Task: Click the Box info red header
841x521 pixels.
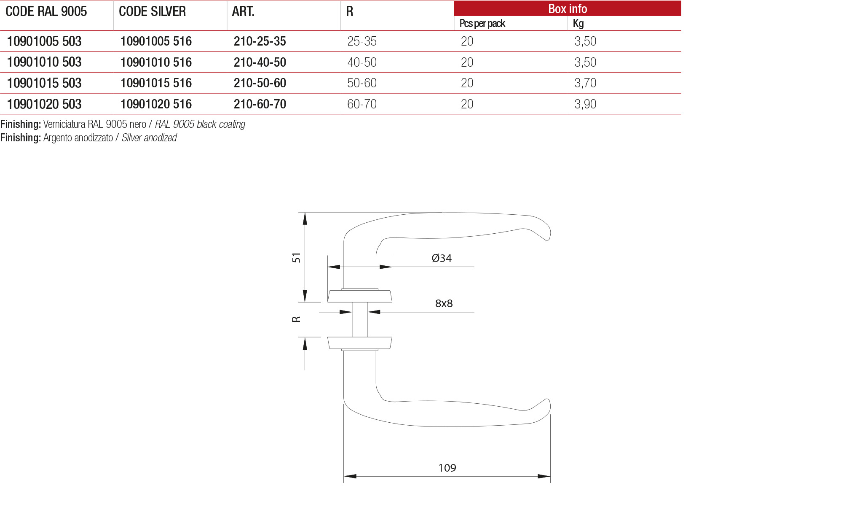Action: (x=567, y=9)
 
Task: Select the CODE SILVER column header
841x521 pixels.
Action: (x=152, y=12)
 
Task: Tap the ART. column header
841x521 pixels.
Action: (x=243, y=12)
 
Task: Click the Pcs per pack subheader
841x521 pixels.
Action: (x=482, y=24)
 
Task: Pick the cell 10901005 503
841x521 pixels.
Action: (x=44, y=41)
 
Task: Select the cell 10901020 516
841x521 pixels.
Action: (x=156, y=104)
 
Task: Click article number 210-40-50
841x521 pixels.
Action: (x=260, y=62)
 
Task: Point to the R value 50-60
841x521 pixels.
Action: (x=362, y=83)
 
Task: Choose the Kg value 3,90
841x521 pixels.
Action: (x=585, y=104)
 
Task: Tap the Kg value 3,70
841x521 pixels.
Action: (x=585, y=83)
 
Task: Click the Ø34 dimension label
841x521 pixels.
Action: (x=441, y=258)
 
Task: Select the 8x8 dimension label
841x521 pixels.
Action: (x=444, y=303)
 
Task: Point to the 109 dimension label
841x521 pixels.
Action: (x=447, y=468)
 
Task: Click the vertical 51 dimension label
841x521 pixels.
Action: (x=296, y=258)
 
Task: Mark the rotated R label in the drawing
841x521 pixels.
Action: (x=296, y=319)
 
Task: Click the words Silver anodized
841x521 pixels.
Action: (x=149, y=138)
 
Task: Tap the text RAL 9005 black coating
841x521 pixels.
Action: (x=200, y=124)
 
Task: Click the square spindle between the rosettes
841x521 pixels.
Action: (x=359, y=319)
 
